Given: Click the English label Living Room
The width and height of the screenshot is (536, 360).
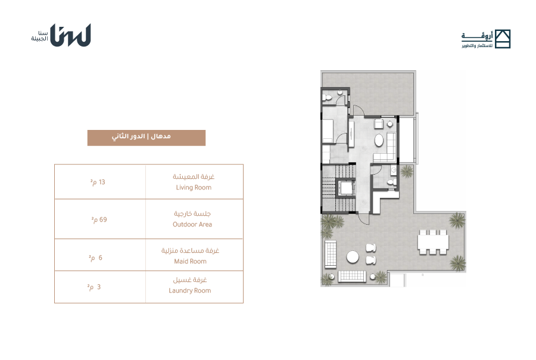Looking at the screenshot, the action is tap(194, 188).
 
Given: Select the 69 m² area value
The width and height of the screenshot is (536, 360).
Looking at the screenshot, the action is tap(99, 220).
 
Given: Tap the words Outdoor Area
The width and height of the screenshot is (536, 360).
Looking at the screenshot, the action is tap(192, 225).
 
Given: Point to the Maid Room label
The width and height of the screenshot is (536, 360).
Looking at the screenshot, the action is tap(190, 262).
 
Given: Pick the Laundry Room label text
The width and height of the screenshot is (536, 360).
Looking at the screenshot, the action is tap(190, 290).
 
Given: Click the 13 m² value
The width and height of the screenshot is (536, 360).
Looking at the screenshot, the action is tap(98, 182).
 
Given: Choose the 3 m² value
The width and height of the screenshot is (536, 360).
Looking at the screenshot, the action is tap(94, 287).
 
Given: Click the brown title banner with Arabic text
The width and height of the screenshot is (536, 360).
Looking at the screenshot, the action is tap(147, 138).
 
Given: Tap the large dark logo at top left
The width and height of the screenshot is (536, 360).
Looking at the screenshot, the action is tap(70, 35).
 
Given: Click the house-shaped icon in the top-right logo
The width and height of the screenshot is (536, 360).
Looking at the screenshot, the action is tap(502, 39).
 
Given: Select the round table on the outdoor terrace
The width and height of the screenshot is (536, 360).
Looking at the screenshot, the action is tap(353, 257).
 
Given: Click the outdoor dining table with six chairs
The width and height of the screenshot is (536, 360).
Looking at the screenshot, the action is tap(433, 242).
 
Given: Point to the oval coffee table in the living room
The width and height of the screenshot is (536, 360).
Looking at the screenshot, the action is tap(379, 140).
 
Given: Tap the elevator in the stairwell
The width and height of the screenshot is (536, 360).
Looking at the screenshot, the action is tap(346, 188).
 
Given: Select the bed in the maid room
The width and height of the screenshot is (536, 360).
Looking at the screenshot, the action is tap(328, 131).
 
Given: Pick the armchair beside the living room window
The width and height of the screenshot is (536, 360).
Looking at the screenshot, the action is tap(378, 123).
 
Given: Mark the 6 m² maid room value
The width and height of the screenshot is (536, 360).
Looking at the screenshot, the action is tap(95, 258).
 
